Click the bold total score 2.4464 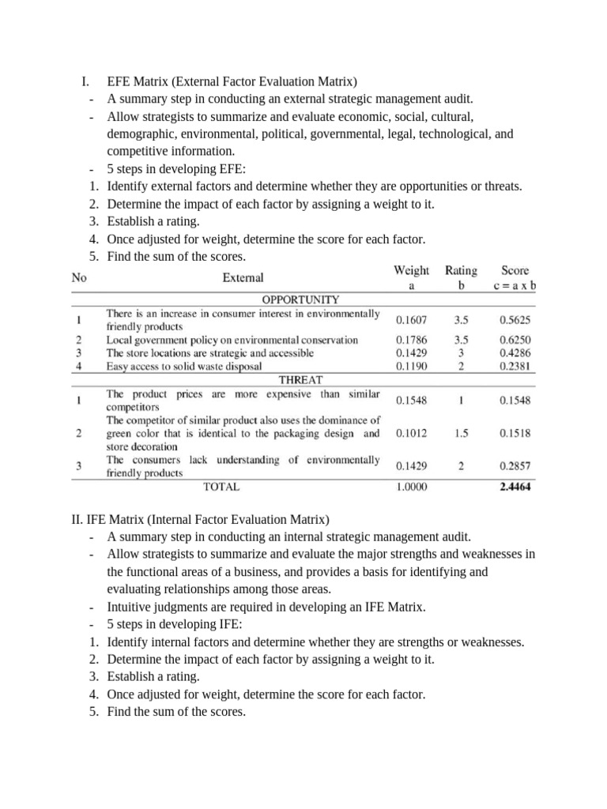pyautogui.click(x=515, y=487)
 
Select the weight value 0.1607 pyautogui.click(x=411, y=321)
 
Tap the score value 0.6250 pyautogui.click(x=515, y=340)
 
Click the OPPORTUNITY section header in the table pyautogui.click(x=301, y=299)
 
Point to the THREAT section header pyautogui.click(x=301, y=379)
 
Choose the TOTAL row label pyautogui.click(x=221, y=487)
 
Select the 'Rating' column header pyautogui.click(x=461, y=270)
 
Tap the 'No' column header pyautogui.click(x=79, y=277)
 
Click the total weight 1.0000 pyautogui.click(x=411, y=487)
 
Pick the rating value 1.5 pyautogui.click(x=461, y=433)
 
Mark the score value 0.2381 pyautogui.click(x=515, y=367)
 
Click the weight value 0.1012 pyautogui.click(x=411, y=433)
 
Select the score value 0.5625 pyautogui.click(x=515, y=321)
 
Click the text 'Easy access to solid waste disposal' pyautogui.click(x=194, y=367)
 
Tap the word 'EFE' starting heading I pyautogui.click(x=120, y=81)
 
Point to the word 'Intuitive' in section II pyautogui.click(x=131, y=607)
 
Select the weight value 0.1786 pyautogui.click(x=411, y=340)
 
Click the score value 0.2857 pyautogui.click(x=515, y=466)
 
